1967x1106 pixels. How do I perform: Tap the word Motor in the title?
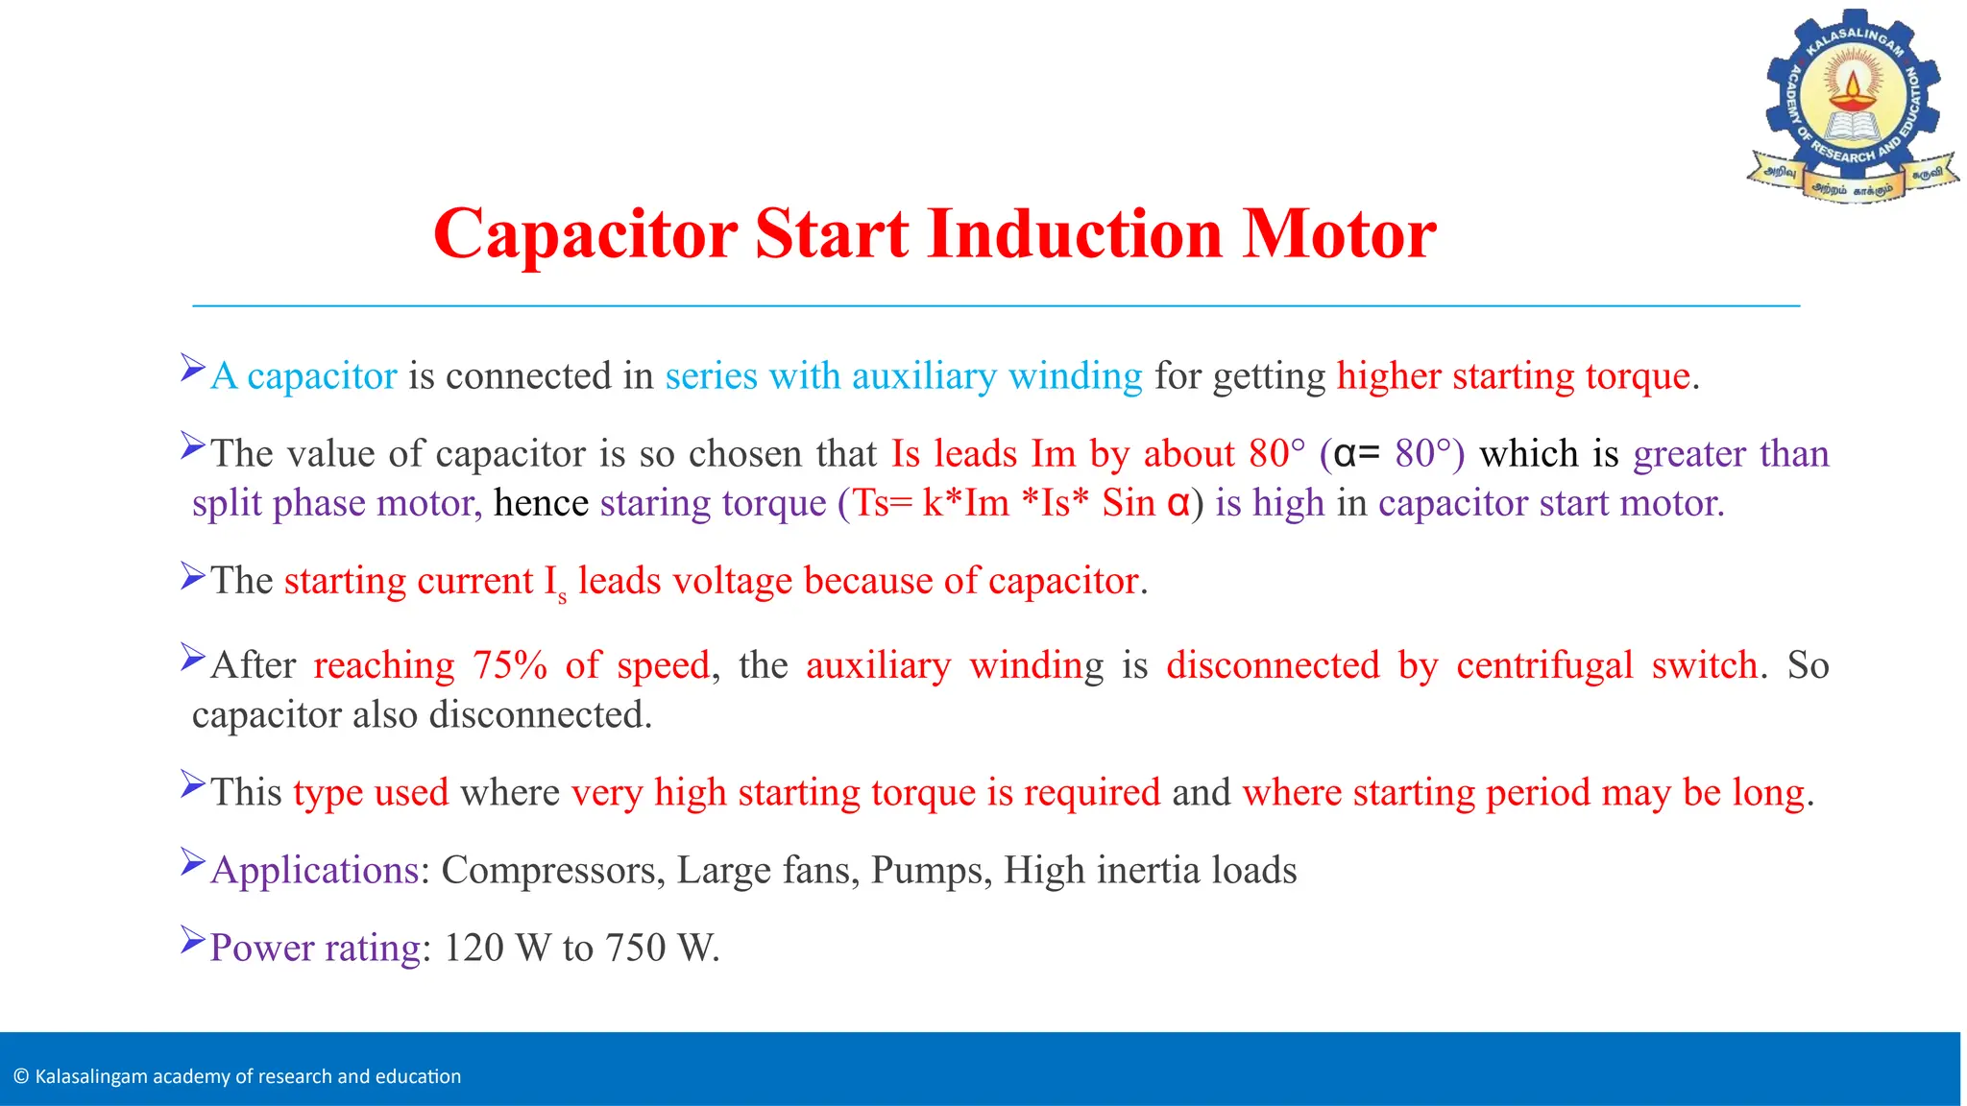pos(1339,233)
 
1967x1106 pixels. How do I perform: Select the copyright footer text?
pos(238,1076)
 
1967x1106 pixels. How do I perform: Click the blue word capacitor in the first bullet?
pos(322,376)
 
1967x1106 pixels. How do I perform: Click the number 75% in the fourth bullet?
pos(509,665)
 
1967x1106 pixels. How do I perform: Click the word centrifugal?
pos(1543,665)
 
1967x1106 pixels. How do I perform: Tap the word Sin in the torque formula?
pos(1128,503)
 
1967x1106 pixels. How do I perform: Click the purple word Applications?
pos(314,871)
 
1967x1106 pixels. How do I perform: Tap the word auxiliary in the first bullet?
pos(924,376)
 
